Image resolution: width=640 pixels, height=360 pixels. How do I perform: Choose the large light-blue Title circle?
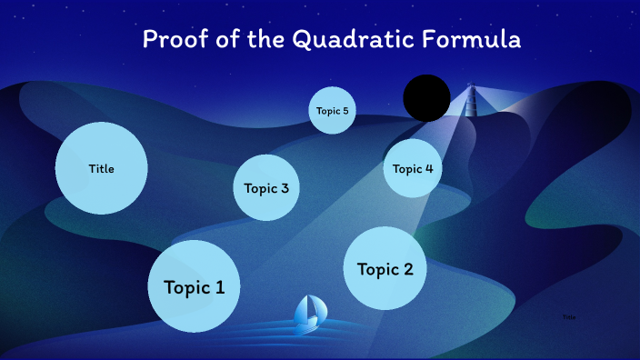(102, 168)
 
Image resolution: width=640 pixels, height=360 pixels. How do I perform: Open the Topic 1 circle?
(194, 286)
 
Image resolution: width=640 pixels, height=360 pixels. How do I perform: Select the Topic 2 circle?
(385, 268)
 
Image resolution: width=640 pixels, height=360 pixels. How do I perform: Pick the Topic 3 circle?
(266, 188)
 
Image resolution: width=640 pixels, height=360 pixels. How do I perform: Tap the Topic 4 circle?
(413, 168)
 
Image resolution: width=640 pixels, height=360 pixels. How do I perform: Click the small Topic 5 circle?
(332, 111)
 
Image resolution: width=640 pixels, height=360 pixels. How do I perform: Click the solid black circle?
(427, 98)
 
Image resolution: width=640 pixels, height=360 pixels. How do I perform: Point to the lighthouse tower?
(471, 100)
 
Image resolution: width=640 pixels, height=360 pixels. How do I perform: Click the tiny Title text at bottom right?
(569, 317)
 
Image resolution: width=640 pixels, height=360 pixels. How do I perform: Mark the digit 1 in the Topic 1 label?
(220, 287)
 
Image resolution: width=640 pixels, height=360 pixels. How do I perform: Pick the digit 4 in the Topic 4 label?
(428, 168)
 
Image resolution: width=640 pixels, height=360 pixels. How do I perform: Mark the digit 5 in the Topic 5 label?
(345, 111)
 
